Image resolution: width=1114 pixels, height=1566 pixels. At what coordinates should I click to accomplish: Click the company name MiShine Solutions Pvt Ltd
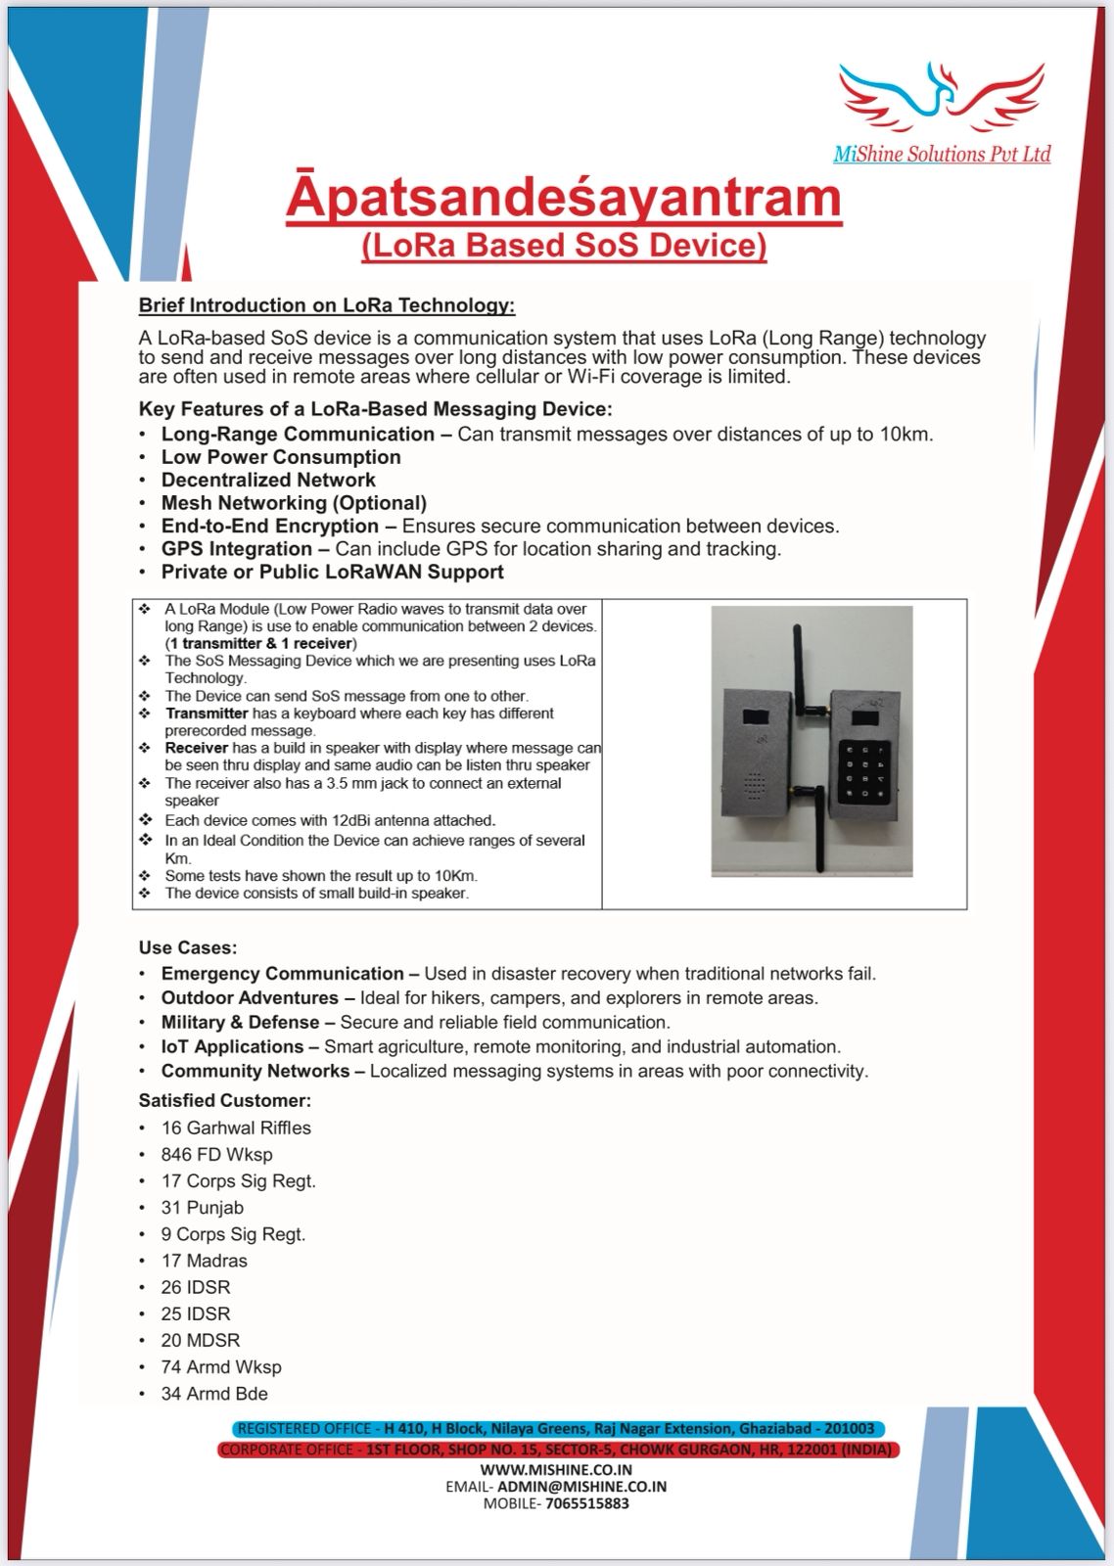point(942,154)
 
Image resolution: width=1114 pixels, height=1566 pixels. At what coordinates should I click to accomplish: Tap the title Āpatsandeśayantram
point(564,198)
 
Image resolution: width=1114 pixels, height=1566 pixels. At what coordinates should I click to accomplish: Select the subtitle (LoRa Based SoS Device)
point(564,245)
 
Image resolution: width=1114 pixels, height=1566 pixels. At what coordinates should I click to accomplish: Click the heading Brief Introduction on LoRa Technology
point(326,305)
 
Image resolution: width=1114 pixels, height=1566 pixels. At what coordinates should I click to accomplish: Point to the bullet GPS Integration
point(236,549)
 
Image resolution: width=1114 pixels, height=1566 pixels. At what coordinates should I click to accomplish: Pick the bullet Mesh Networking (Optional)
point(294,503)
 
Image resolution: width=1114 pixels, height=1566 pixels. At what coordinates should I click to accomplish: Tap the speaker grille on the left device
point(753,785)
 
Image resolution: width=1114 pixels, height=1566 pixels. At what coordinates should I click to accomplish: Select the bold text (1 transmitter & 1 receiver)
point(260,643)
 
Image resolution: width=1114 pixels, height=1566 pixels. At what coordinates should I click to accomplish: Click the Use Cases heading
point(188,947)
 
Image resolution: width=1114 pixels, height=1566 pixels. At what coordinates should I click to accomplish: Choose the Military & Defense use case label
point(240,1022)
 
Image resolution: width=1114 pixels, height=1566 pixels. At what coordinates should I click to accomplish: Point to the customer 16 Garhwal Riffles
point(236,1128)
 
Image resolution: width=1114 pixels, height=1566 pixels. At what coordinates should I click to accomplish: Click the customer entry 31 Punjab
point(203,1208)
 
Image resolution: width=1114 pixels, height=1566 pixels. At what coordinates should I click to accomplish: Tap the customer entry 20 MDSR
point(201,1340)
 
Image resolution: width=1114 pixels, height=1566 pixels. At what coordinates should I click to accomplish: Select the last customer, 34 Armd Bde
point(214,1393)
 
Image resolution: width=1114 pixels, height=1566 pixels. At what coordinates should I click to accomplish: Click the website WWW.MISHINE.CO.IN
point(556,1469)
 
